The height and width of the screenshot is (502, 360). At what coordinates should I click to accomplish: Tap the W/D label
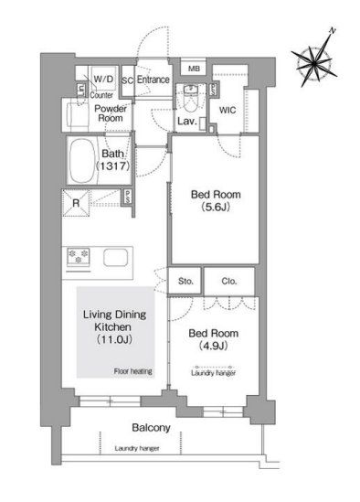[103, 80]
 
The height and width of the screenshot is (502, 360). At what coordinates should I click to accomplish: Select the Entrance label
[154, 80]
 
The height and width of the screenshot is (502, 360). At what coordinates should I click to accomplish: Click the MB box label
[194, 69]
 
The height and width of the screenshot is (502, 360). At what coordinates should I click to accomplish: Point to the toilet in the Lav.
[189, 95]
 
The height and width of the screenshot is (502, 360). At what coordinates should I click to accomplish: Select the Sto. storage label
[185, 282]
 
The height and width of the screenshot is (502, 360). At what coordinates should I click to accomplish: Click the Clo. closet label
[228, 282]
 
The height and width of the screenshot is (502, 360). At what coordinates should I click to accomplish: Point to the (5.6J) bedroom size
[217, 207]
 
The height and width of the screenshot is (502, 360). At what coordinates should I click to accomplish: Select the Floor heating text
[132, 370]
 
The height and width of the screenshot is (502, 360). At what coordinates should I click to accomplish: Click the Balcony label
[151, 427]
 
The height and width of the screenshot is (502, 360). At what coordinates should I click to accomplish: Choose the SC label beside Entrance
[127, 80]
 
